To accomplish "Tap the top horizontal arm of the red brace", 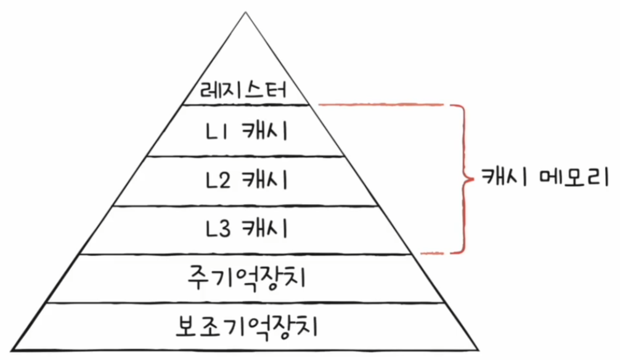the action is point(382,105).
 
